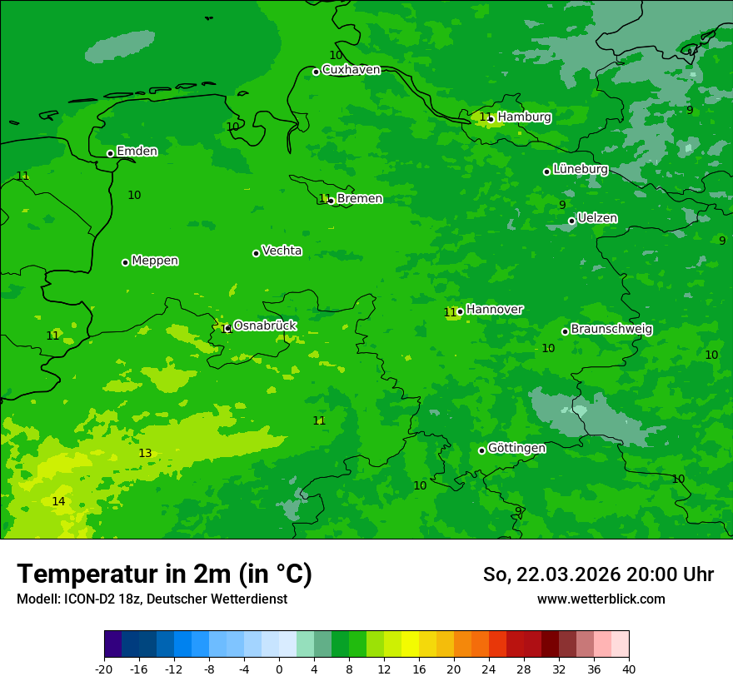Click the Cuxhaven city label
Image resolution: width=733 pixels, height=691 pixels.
click(x=351, y=70)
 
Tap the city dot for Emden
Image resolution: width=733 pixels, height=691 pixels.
click(x=110, y=153)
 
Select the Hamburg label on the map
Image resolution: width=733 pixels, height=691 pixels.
click(x=524, y=117)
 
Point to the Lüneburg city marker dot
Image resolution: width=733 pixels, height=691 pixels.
click(x=546, y=172)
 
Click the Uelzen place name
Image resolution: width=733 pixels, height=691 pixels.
click(x=597, y=218)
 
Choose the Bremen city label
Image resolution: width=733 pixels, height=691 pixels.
click(x=360, y=199)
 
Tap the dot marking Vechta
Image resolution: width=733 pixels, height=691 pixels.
click(x=256, y=253)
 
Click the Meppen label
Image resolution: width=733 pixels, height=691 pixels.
click(x=155, y=261)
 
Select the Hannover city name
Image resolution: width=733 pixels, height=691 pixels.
click(x=495, y=310)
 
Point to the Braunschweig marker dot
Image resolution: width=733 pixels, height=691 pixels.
click(x=565, y=331)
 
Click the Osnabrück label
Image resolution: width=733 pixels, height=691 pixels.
click(x=265, y=326)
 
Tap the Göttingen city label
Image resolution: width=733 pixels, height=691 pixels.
click(x=516, y=448)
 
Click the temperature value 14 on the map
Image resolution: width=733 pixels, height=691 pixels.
click(x=58, y=501)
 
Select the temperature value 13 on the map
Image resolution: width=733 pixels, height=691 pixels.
click(x=145, y=454)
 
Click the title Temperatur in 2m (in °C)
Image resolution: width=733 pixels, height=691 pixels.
click(x=164, y=574)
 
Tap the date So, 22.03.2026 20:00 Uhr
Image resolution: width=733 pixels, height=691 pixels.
click(x=598, y=574)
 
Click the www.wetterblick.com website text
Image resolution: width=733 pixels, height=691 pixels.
click(x=601, y=599)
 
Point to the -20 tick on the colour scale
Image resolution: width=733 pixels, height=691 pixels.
click(x=104, y=669)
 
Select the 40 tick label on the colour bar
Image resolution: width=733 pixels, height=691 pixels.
click(x=629, y=669)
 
